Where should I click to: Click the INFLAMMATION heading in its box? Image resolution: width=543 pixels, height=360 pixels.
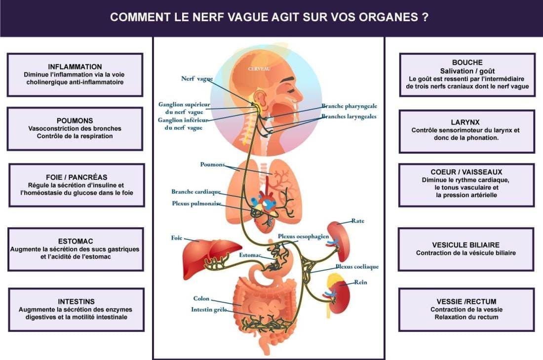[75, 67]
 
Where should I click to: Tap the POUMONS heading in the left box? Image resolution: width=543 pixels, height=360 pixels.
[75, 120]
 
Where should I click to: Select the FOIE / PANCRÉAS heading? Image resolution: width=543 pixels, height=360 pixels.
[77, 177]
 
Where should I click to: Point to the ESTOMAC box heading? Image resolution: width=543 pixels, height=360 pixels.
[76, 241]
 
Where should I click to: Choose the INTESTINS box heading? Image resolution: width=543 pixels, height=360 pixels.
[76, 301]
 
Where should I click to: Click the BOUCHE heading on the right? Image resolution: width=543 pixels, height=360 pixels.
[467, 62]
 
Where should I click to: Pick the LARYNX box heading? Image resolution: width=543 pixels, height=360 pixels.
[465, 122]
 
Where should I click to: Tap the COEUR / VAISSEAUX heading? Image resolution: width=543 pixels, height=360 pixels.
[466, 172]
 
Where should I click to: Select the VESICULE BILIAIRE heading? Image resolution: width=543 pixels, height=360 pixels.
[466, 245]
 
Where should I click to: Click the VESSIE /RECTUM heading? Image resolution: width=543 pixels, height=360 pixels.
[466, 301]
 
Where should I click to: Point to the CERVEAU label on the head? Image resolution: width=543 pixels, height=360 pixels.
[259, 69]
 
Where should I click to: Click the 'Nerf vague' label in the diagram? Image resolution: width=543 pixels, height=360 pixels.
[197, 79]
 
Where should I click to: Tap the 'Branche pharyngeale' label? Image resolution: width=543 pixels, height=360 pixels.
[349, 106]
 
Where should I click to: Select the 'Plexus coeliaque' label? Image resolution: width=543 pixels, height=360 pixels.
[357, 267]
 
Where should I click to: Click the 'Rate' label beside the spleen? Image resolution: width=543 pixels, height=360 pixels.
[358, 221]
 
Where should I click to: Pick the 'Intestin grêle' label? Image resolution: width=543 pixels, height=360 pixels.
[209, 310]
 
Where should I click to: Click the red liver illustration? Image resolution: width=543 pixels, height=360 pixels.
[212, 258]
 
